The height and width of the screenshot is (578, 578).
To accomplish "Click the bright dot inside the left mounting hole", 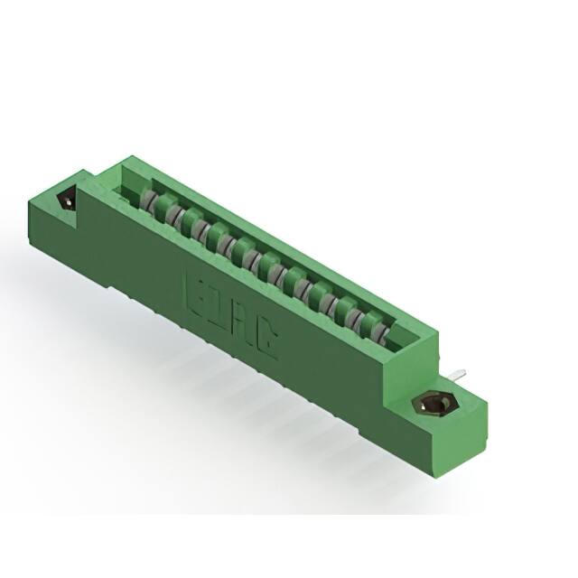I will click(65, 200).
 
